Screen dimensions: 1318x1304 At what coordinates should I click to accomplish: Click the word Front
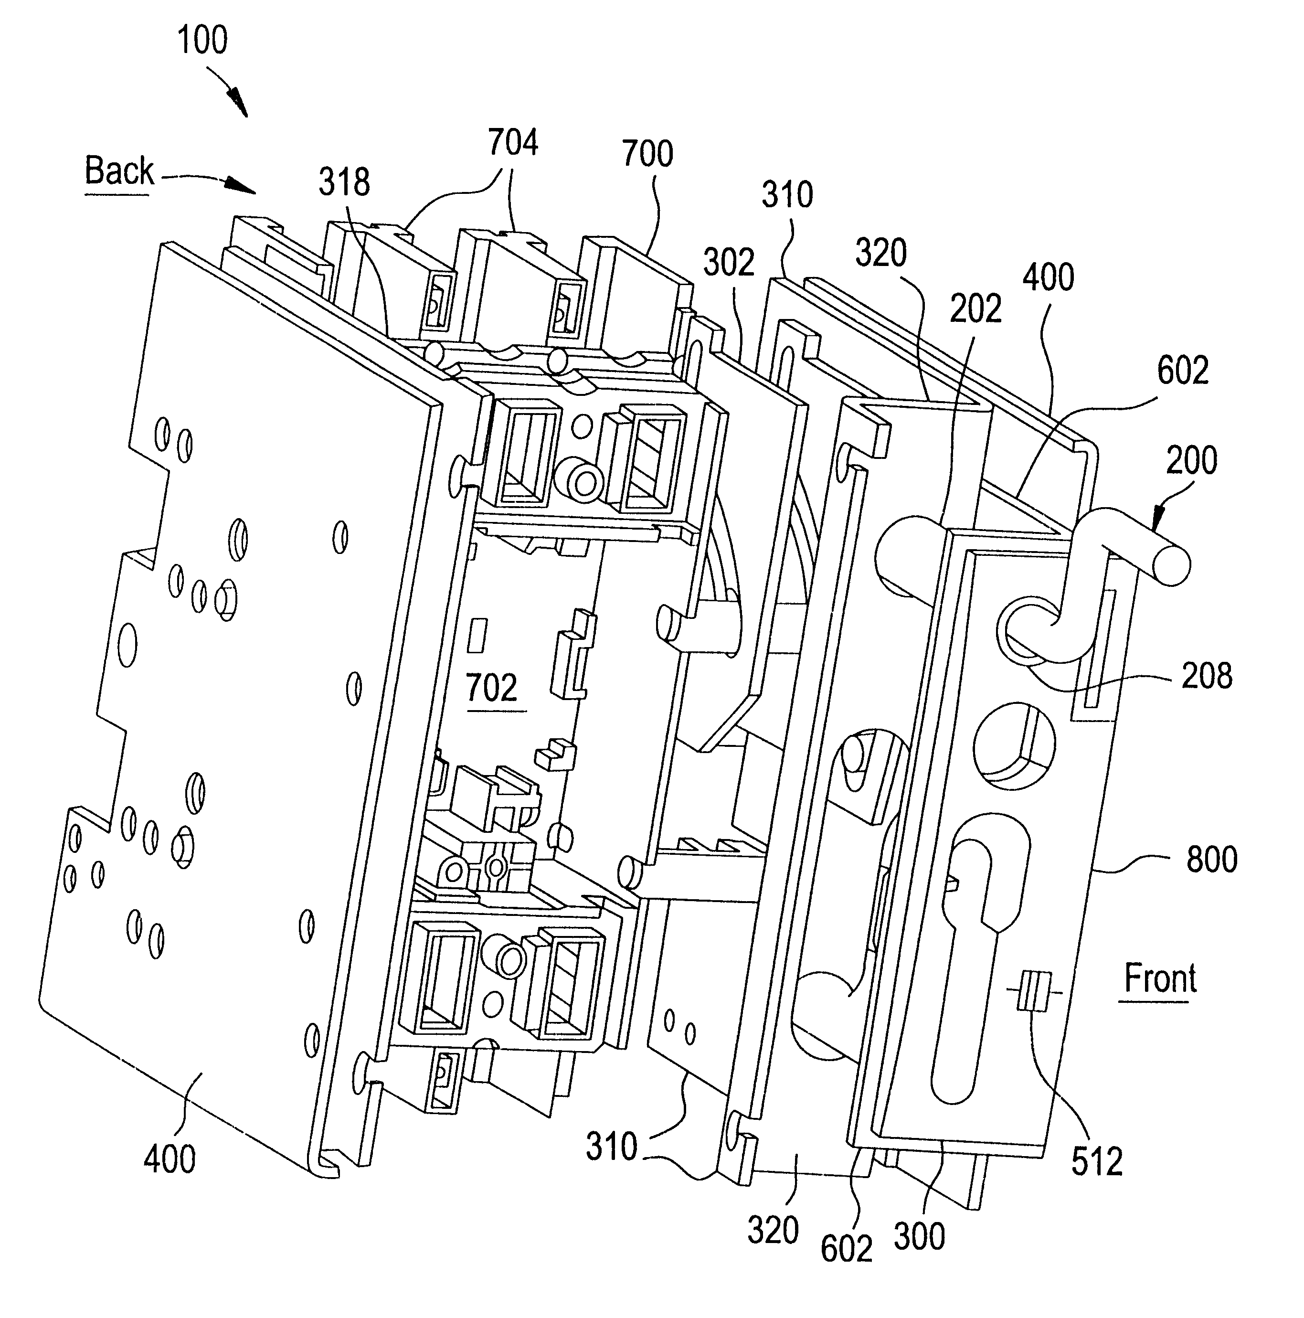click(1159, 979)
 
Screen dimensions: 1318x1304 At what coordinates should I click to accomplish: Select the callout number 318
click(344, 183)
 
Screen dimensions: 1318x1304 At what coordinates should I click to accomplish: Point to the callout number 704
click(513, 143)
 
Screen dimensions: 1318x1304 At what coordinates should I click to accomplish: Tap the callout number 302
click(728, 263)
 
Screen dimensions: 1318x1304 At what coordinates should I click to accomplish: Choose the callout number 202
click(975, 309)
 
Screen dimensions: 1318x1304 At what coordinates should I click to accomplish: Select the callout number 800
click(1212, 860)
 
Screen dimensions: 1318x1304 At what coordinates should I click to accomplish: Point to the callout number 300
click(919, 1236)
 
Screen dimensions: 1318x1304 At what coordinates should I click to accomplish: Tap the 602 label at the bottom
click(847, 1248)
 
